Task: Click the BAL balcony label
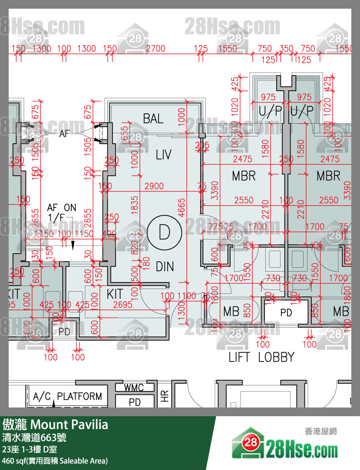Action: point(153,118)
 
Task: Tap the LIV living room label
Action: point(163,154)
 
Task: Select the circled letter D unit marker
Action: point(164,233)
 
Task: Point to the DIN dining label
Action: point(165,266)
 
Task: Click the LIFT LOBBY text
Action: point(261,357)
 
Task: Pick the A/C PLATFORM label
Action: point(68,396)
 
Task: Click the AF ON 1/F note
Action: point(61,212)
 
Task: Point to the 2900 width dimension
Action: point(154,186)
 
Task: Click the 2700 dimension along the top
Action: point(155,49)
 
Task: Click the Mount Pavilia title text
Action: point(69,424)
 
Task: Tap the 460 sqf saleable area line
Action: point(55,461)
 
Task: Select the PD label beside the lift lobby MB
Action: point(286,312)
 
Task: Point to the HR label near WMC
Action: point(165,396)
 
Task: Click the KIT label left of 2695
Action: point(115,294)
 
